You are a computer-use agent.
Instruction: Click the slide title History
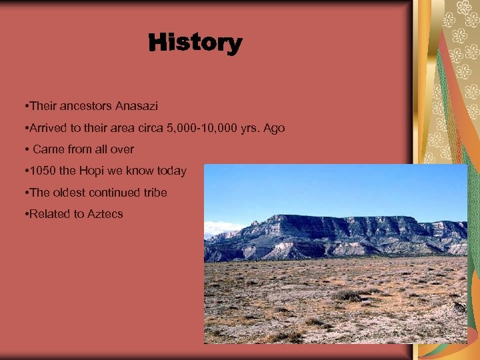(195, 44)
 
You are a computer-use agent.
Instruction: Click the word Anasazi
(137, 106)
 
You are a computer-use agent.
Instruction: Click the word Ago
(273, 127)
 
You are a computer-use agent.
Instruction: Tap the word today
(172, 171)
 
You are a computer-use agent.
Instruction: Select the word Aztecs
(105, 215)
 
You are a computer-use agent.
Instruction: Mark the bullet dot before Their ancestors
(24, 107)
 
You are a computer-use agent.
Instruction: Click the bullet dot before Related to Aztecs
(24, 215)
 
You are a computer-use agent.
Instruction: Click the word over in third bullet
(121, 149)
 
